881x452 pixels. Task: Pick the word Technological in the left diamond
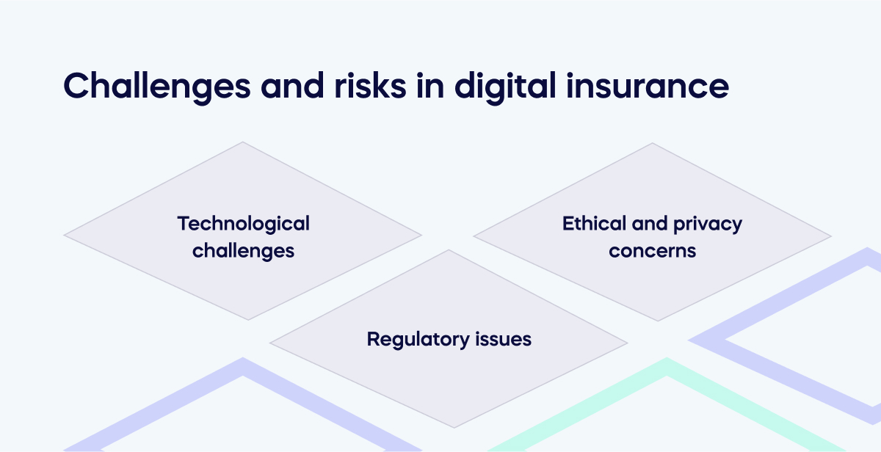[244, 223]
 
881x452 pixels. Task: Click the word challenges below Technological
[244, 250]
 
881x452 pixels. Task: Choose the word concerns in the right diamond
[652, 250]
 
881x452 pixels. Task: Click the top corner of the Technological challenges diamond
[243, 142]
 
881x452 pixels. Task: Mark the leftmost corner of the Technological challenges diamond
[65, 236]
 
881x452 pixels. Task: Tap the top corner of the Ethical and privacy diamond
[652, 143]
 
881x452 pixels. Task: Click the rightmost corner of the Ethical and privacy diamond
[830, 236]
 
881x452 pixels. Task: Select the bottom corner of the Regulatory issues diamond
[449, 427]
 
